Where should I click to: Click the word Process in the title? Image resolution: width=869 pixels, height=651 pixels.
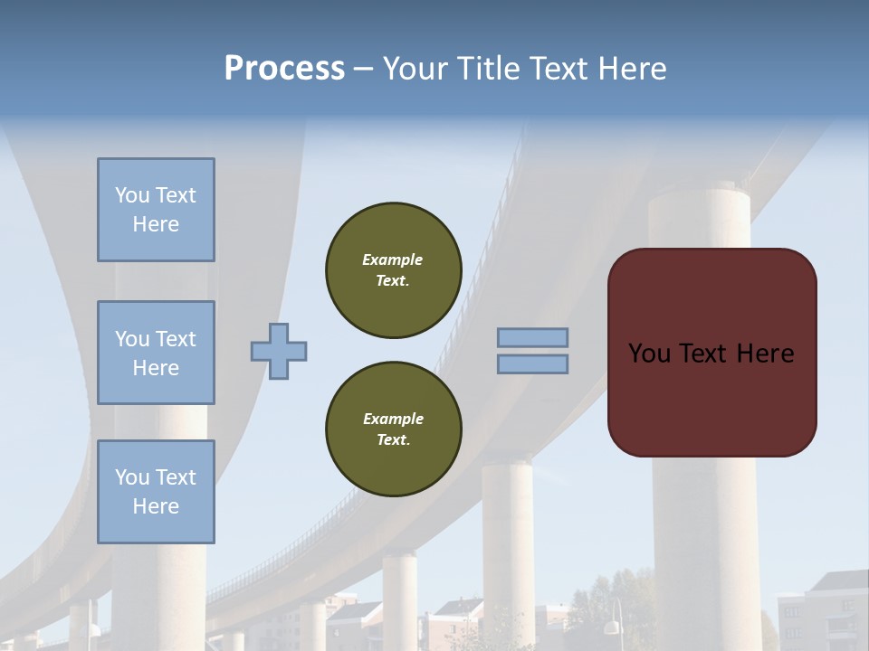pos(284,69)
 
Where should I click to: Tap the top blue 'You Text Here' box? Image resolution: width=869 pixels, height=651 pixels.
pos(156,210)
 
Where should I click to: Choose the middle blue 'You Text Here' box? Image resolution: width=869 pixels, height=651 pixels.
pos(156,353)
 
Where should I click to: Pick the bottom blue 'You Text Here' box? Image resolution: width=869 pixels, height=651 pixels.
pos(156,492)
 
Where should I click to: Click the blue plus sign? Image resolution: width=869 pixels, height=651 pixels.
pos(279,351)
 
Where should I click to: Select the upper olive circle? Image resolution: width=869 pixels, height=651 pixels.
pos(394,270)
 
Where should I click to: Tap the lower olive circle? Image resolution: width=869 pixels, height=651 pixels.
pos(394,429)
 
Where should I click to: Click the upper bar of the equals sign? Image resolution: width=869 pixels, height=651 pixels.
pos(532,338)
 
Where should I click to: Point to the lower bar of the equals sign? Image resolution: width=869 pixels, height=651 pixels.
pos(532,363)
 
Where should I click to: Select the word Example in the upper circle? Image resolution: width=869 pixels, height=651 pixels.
pos(393,260)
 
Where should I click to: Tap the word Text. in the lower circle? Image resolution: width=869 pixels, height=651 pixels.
pos(394,440)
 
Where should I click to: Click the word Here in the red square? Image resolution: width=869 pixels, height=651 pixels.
pos(765,354)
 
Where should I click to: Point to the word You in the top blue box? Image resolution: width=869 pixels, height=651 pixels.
pos(130,195)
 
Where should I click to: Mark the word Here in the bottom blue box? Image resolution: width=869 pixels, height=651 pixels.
pos(156,506)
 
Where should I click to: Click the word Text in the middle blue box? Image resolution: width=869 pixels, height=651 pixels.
pos(176,339)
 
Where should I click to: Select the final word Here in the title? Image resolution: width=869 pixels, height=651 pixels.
pos(634,69)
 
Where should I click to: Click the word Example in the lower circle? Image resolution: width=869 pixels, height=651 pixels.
pos(393,420)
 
